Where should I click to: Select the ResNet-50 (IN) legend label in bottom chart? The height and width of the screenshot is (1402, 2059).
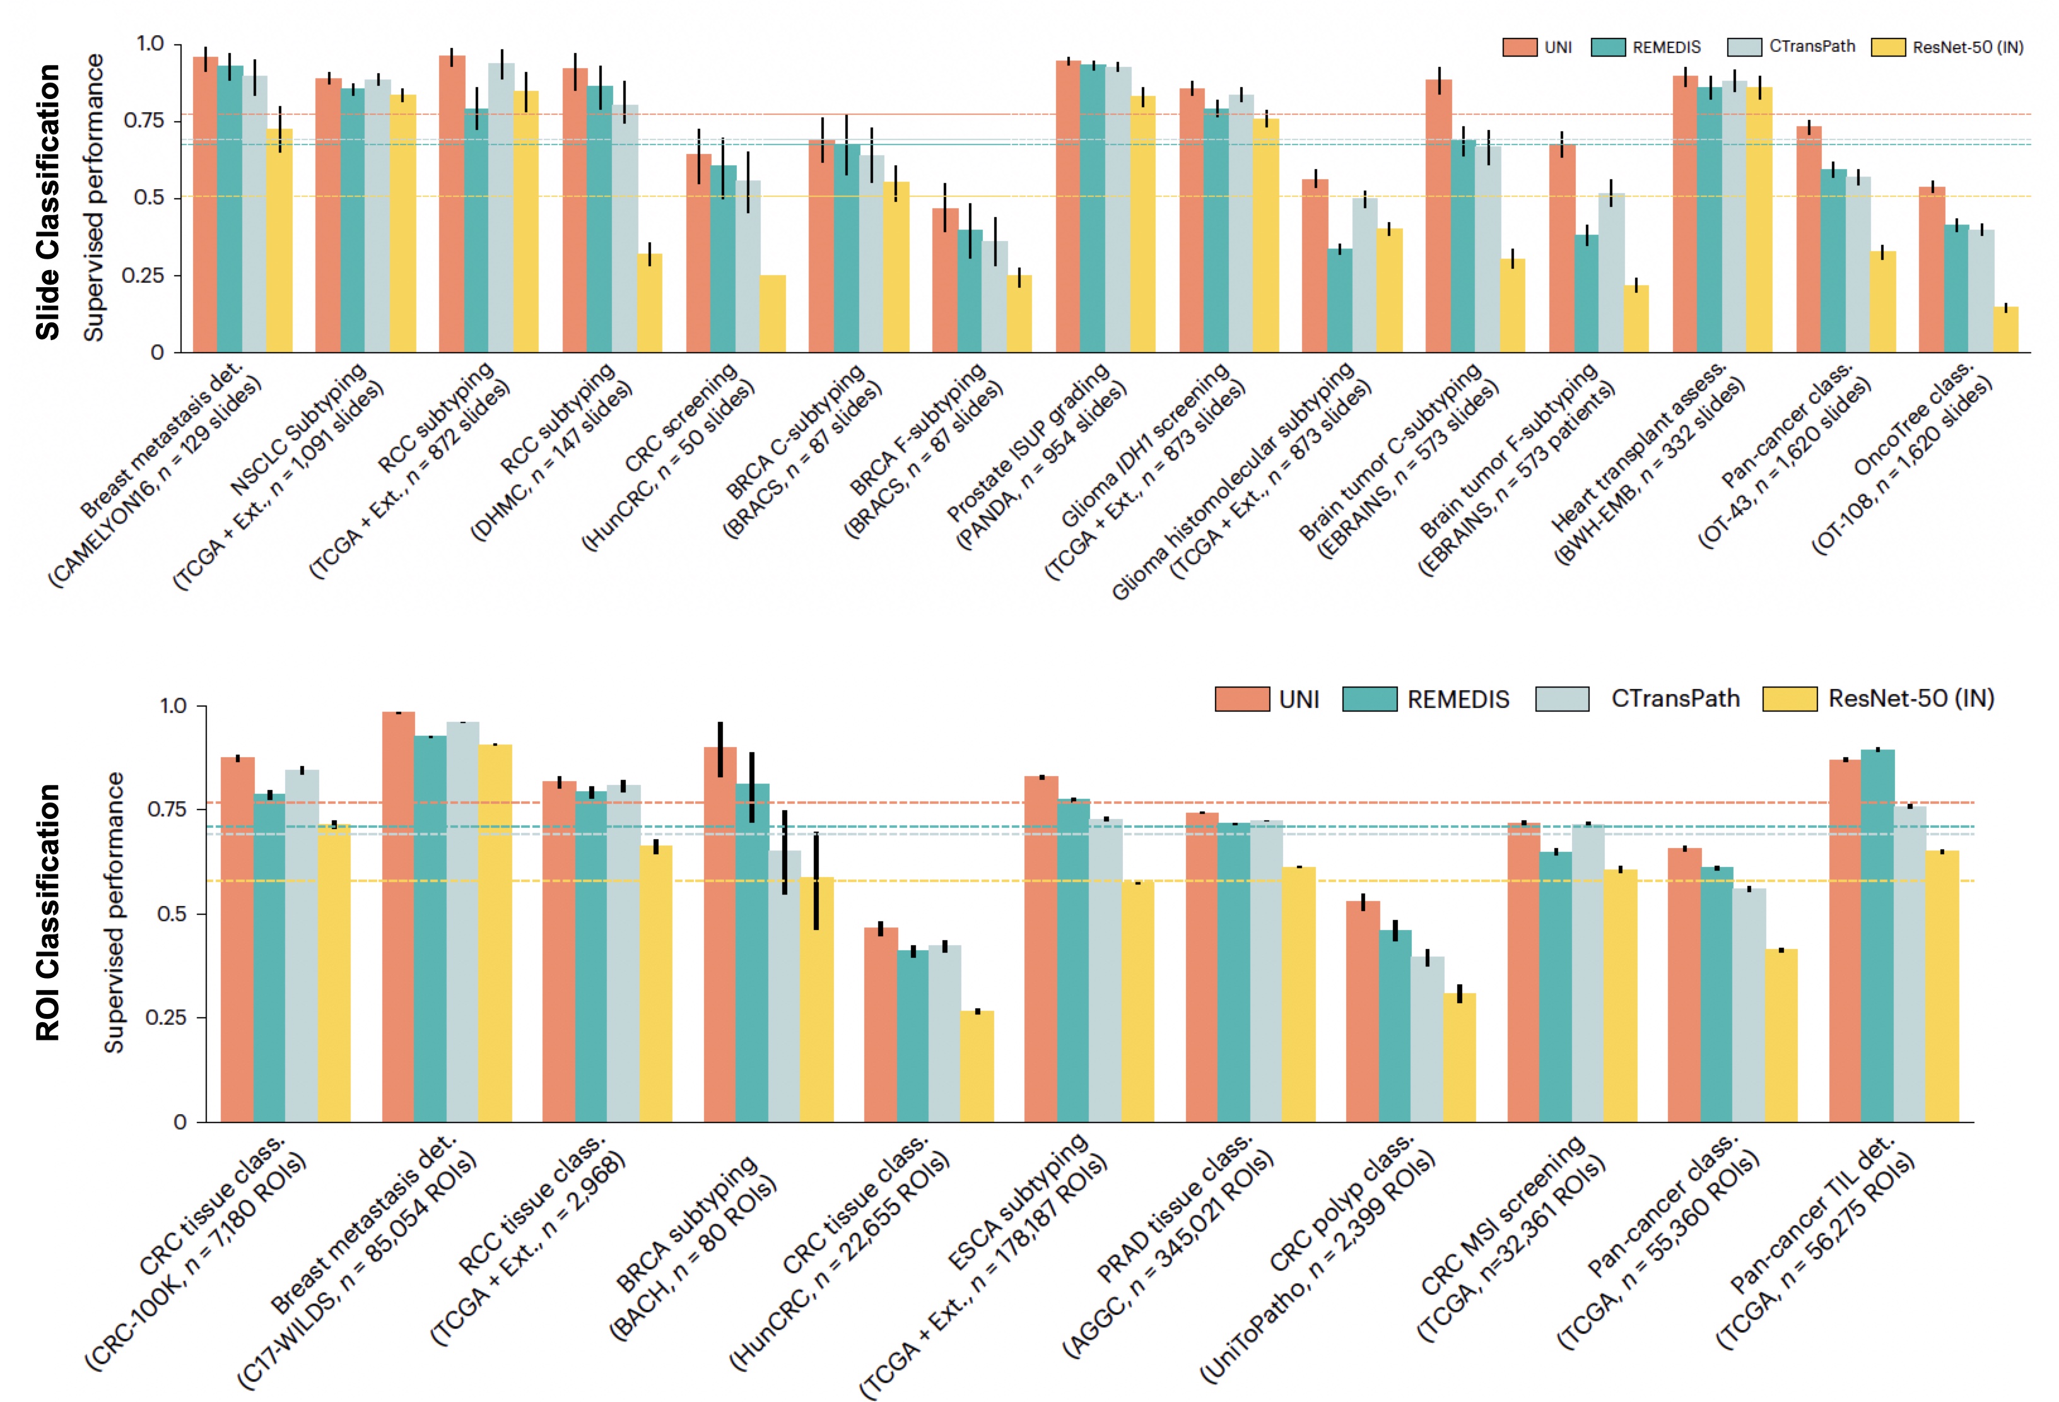tap(1911, 698)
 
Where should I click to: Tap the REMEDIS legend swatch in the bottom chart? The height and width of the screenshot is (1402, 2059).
tap(1369, 699)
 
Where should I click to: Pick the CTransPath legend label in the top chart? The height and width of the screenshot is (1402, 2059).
tap(1812, 46)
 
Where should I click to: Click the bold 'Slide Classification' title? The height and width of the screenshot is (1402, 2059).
tap(48, 202)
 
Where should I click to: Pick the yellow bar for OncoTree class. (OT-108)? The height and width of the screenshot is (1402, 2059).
tap(2006, 329)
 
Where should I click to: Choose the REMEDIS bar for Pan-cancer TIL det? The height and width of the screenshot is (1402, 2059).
tap(1877, 935)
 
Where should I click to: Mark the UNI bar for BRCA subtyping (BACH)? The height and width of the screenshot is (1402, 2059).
tap(719, 935)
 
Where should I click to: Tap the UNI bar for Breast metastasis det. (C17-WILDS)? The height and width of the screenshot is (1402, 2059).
tap(398, 917)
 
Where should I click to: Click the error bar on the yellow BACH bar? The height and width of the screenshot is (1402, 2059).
tap(816, 881)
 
